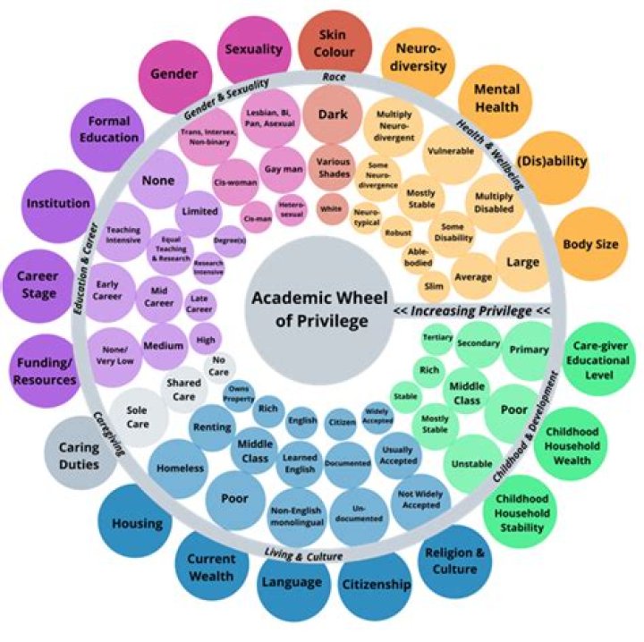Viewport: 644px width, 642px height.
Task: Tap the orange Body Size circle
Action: coord(590,242)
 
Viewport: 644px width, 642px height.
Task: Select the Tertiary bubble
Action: coord(437,337)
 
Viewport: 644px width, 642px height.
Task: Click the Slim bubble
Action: coord(435,286)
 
